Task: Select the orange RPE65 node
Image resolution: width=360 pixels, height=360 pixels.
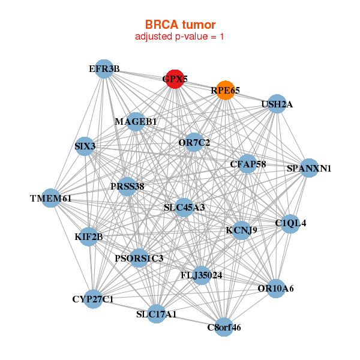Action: tap(225, 90)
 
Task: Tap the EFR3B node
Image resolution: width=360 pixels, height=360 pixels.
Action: tap(104, 69)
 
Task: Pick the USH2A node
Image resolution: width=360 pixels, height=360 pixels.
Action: tap(276, 104)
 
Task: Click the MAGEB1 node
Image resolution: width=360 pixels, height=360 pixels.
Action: tap(136, 122)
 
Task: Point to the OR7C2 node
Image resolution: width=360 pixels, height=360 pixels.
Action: tap(194, 142)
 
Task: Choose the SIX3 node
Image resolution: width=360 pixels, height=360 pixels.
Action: tap(85, 146)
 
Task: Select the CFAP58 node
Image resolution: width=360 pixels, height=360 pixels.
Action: tap(248, 164)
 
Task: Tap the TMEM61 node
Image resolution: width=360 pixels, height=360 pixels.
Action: tap(51, 198)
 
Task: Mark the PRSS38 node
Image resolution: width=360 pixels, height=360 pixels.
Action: tap(127, 186)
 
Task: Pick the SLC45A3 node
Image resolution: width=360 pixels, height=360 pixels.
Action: tap(184, 208)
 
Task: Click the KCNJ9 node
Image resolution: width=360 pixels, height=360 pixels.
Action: tap(241, 230)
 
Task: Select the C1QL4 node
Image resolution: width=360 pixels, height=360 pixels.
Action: tap(290, 223)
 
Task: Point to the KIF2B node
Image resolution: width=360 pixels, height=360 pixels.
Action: tap(89, 236)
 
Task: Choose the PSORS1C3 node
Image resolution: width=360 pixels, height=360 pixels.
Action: tap(139, 259)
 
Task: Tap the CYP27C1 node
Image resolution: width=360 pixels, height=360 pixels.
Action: tap(93, 298)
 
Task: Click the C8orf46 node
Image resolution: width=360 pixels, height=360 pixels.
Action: tap(224, 327)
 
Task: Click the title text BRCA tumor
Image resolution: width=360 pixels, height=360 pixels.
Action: tap(180, 25)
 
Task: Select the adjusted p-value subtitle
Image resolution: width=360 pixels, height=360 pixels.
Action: tap(180, 37)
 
